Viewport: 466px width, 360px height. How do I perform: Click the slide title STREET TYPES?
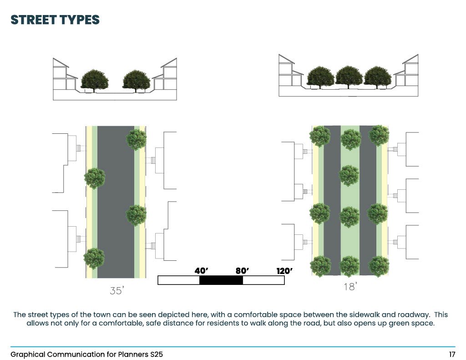pyautogui.click(x=55, y=20)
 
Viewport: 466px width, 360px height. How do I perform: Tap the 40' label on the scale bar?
pyautogui.click(x=201, y=271)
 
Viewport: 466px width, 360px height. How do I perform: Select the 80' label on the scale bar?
pyautogui.click(x=242, y=271)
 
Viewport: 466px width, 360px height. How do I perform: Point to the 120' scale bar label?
pyautogui.click(x=284, y=271)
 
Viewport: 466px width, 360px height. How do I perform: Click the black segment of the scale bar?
pyautogui.click(x=221, y=280)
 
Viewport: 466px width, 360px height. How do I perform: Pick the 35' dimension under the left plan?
pyautogui.click(x=116, y=290)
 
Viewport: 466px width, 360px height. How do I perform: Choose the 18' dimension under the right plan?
pyautogui.click(x=350, y=287)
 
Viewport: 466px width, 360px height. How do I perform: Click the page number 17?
pyautogui.click(x=452, y=354)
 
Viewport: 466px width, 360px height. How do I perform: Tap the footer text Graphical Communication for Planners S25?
pyautogui.click(x=86, y=354)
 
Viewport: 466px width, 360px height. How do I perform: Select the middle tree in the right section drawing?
pyautogui.click(x=349, y=76)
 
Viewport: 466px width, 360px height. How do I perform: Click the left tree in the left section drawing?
pyautogui.click(x=95, y=81)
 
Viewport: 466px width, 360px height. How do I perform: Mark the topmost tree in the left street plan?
pyautogui.click(x=136, y=140)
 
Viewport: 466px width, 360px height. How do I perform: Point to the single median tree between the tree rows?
pyautogui.click(x=349, y=176)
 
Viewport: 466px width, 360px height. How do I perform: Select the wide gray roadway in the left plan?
pyautogui.click(x=116, y=200)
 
